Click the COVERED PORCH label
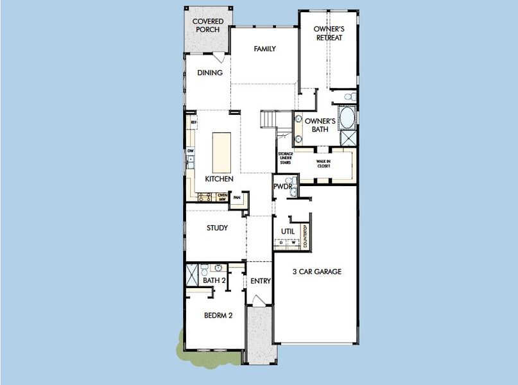208,26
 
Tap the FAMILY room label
264,49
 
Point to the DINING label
209,73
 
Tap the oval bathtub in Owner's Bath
347,119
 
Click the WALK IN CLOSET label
324,164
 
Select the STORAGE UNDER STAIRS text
285,158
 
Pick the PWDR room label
282,187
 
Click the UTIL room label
288,232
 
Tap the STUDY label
217,228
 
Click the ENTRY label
260,281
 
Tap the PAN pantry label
236,198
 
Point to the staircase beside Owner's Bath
270,120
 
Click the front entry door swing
257,300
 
